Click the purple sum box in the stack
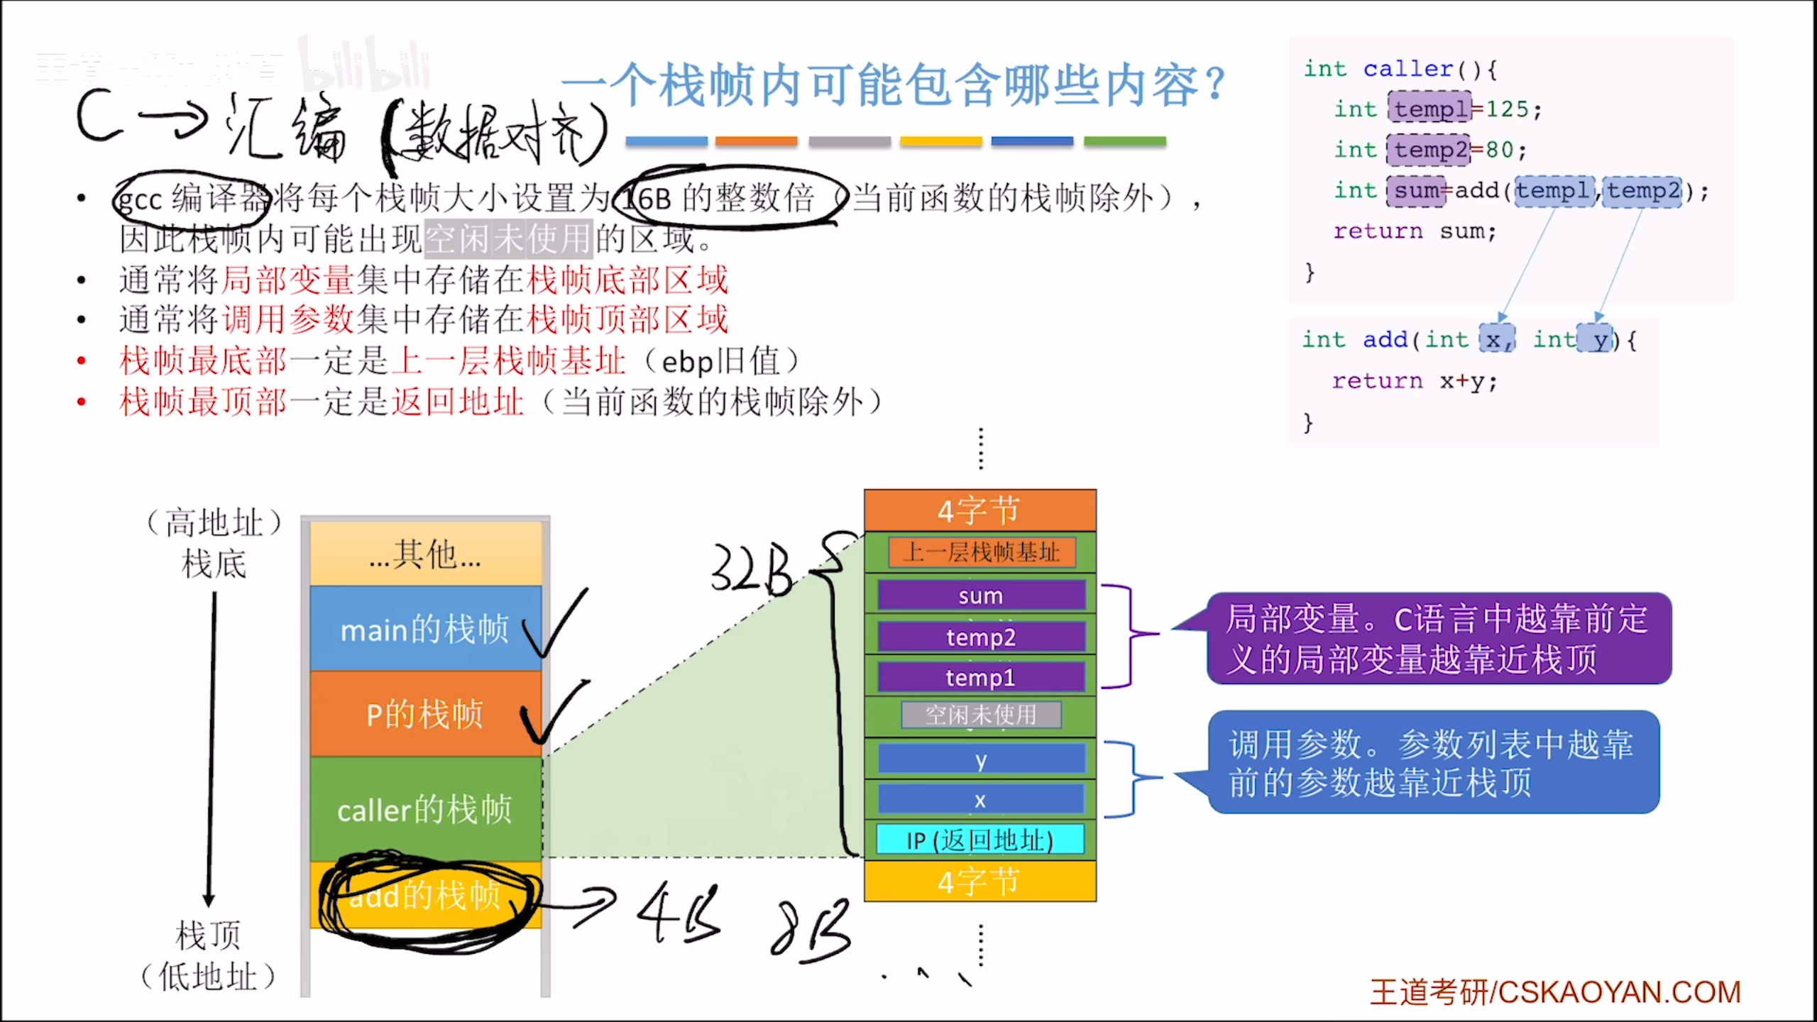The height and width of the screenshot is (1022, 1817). [x=981, y=595]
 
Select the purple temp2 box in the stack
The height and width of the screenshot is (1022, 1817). [x=981, y=637]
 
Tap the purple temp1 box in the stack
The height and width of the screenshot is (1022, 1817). [x=981, y=677]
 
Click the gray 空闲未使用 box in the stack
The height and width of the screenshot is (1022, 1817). [x=981, y=715]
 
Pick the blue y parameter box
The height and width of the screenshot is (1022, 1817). [x=981, y=759]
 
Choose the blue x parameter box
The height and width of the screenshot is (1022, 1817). [x=981, y=799]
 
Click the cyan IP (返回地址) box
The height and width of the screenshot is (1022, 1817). [x=980, y=840]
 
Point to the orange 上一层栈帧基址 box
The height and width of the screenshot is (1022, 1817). [x=982, y=552]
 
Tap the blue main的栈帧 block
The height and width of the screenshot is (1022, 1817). [x=424, y=628]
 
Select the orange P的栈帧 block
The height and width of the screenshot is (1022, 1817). [x=424, y=713]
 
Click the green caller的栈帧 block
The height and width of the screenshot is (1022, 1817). [x=424, y=809]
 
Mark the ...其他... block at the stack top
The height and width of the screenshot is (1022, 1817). [x=424, y=554]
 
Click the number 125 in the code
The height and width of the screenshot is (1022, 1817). [x=1507, y=109]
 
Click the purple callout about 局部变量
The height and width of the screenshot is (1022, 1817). [x=1438, y=638]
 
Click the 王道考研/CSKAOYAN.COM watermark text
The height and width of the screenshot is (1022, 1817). [x=1555, y=991]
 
